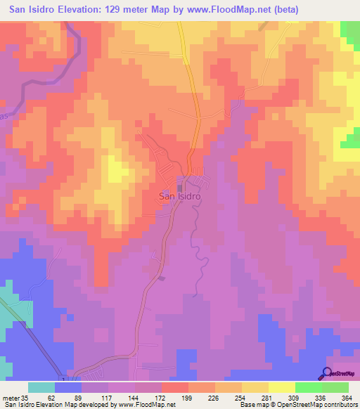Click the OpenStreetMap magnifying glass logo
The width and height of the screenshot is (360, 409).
click(x=328, y=373)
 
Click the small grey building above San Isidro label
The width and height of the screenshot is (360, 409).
click(x=181, y=187)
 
